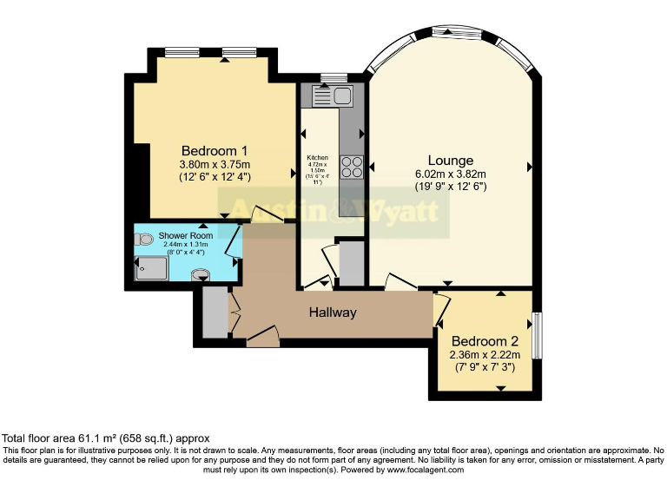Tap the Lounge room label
[450, 161]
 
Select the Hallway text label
[333, 312]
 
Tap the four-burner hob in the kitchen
[352, 165]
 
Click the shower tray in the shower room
[153, 269]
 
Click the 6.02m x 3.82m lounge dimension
[450, 174]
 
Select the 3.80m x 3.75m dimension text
[214, 165]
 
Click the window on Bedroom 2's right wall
[537, 333]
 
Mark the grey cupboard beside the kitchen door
[351, 263]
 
